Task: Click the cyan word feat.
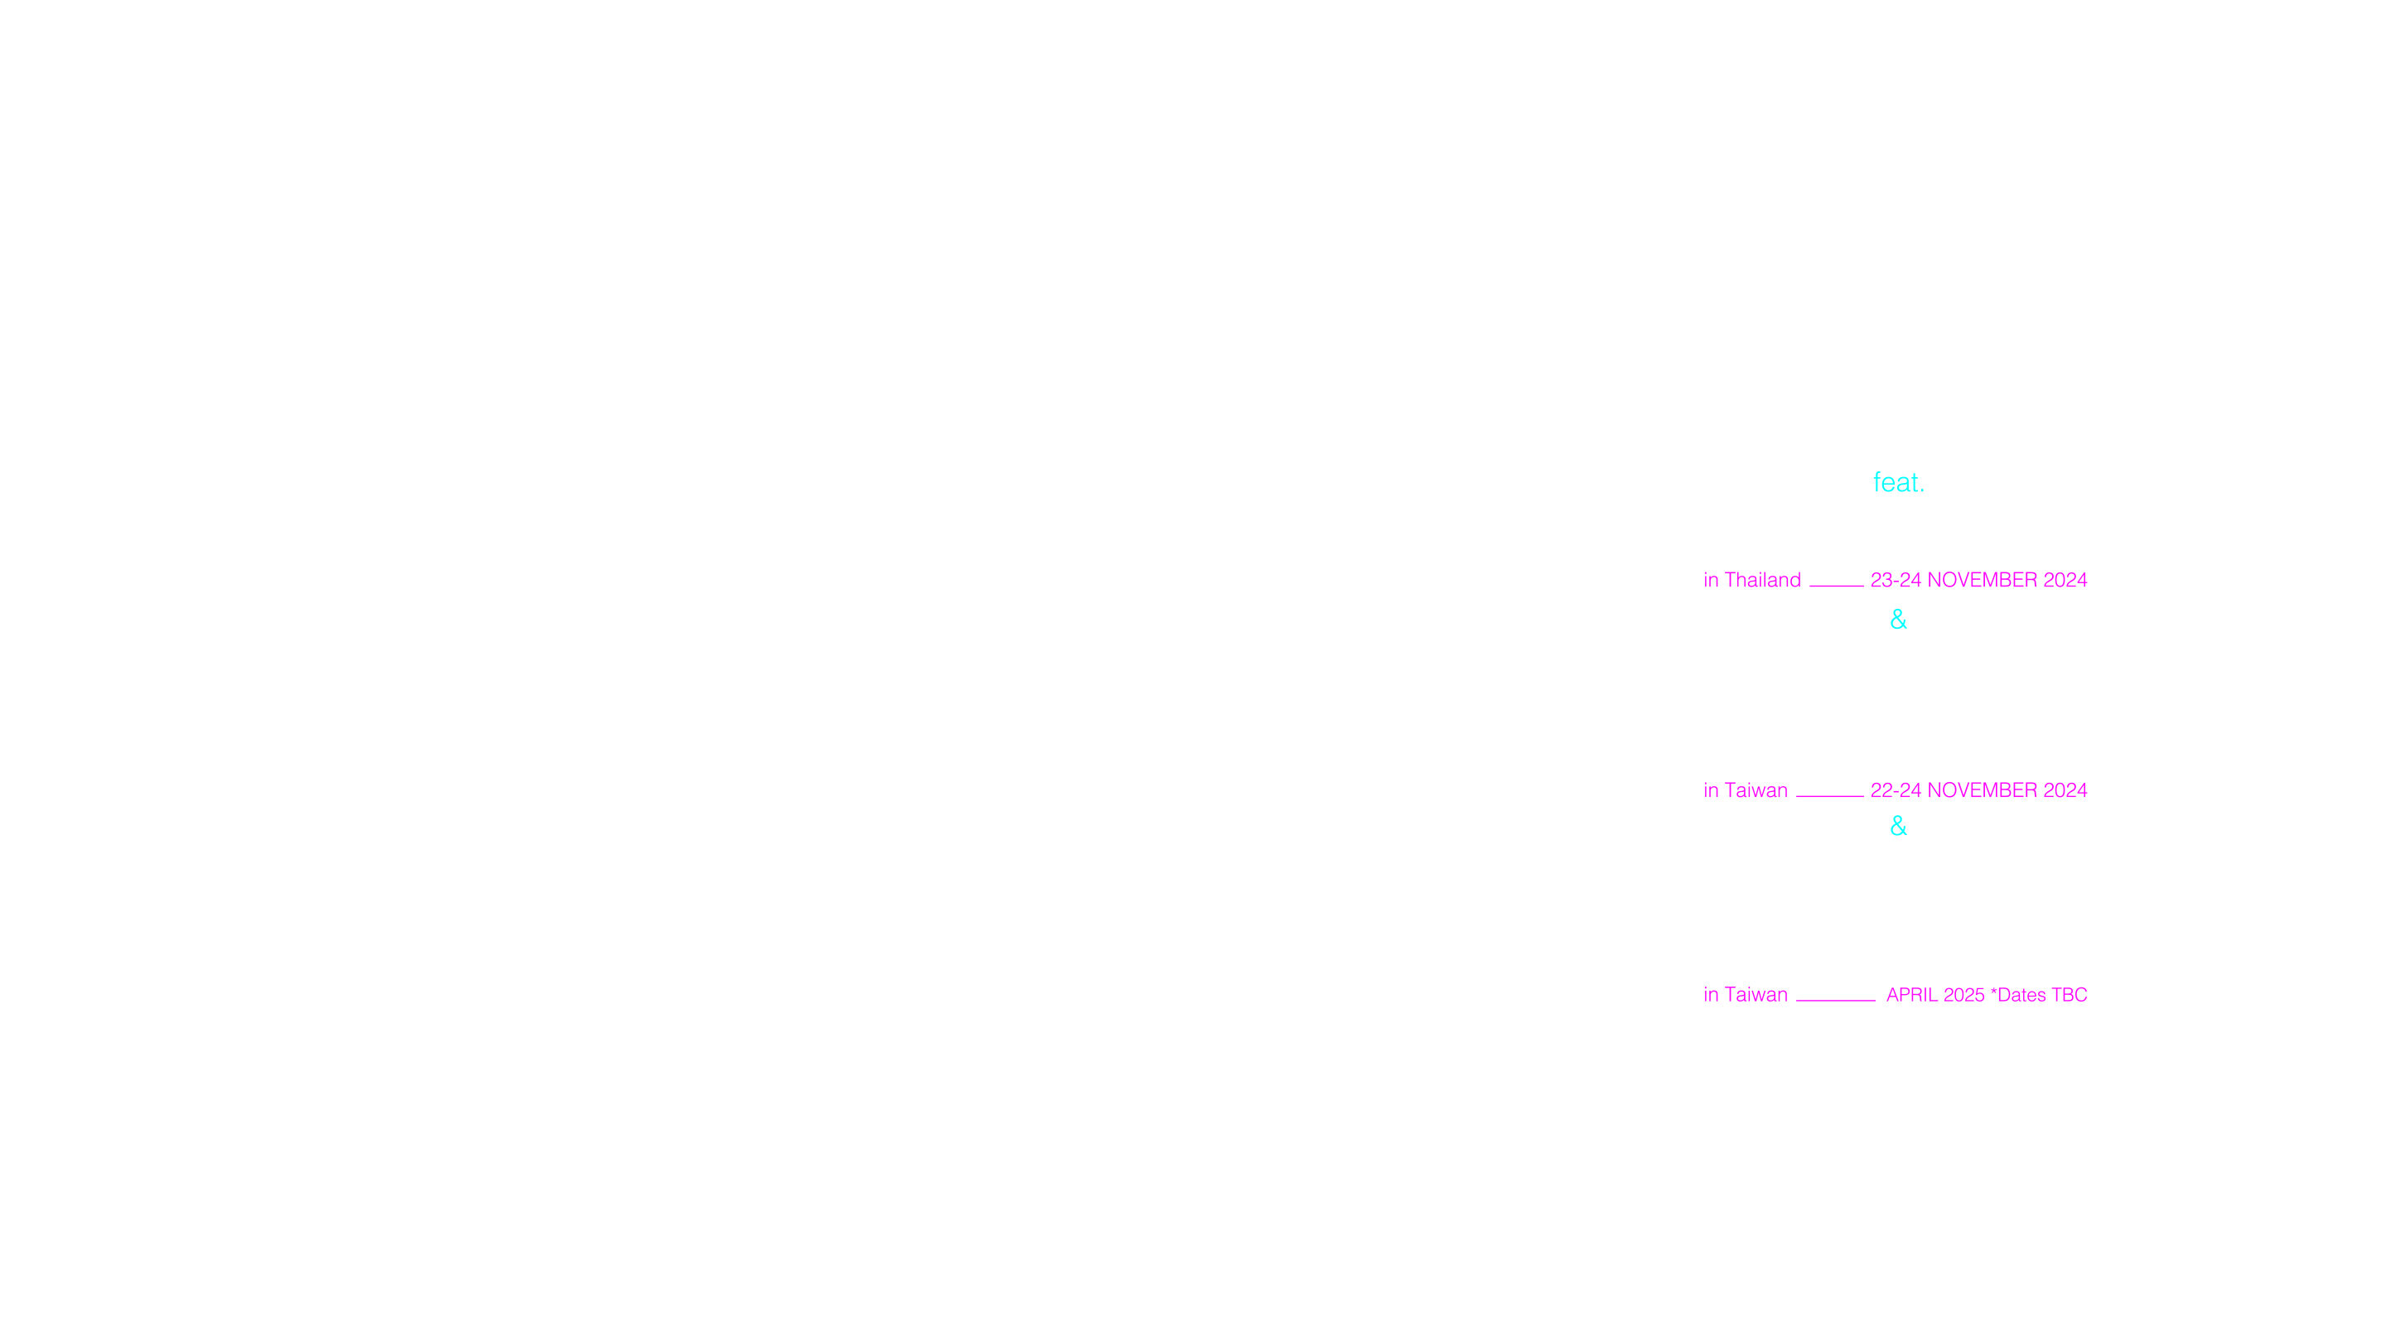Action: (1899, 481)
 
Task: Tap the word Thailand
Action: (1763, 580)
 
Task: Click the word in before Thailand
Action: (1711, 580)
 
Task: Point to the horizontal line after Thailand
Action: (1837, 586)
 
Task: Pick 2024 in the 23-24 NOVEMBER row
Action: (2065, 580)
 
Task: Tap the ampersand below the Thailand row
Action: (1899, 620)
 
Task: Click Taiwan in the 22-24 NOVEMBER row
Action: (1756, 790)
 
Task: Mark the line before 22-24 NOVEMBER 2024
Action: (1830, 795)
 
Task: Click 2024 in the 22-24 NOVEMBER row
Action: (2065, 790)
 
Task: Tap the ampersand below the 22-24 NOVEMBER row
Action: (1899, 826)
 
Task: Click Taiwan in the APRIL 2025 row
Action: (1756, 995)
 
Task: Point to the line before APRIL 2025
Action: (1836, 1000)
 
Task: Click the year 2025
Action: (1964, 995)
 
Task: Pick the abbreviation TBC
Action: (2070, 995)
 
